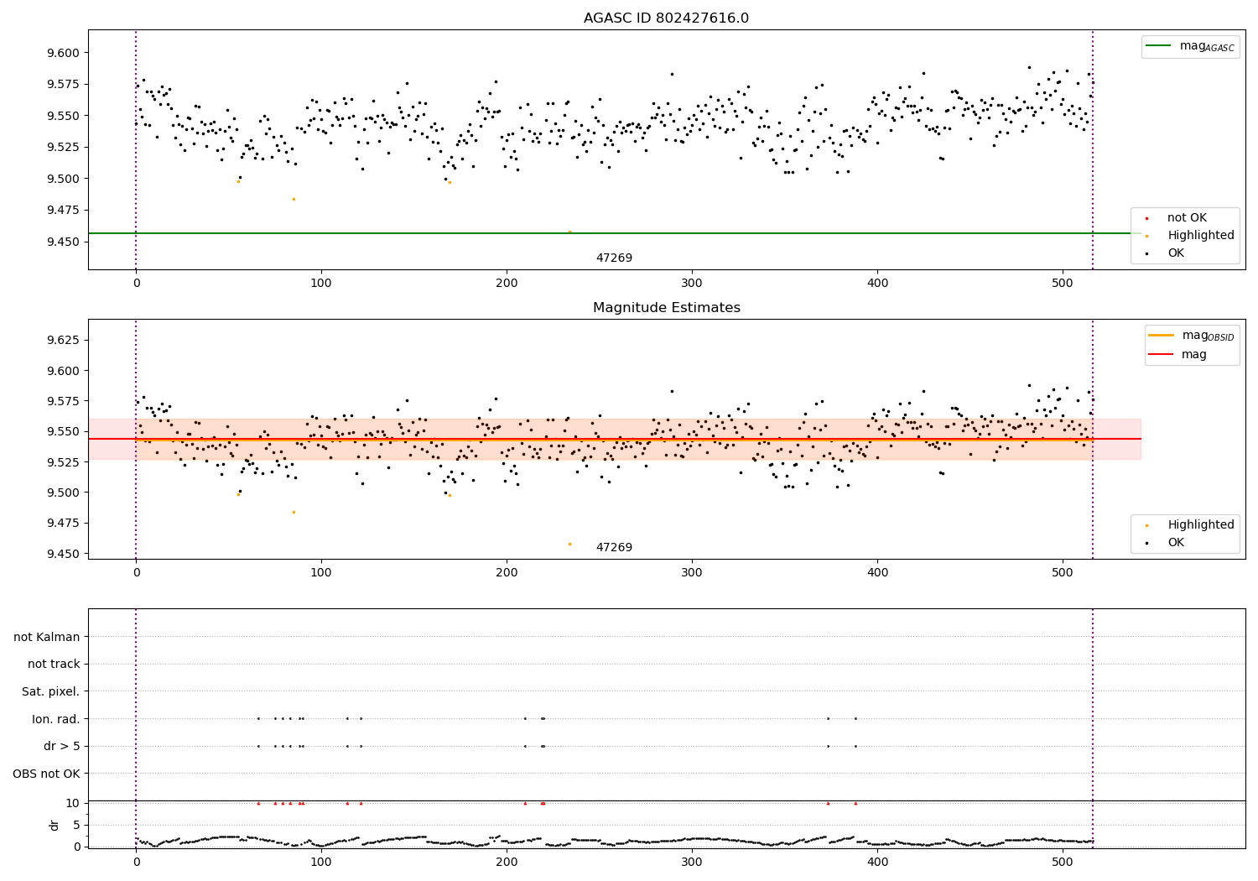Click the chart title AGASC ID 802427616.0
coord(666,18)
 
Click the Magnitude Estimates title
coord(666,308)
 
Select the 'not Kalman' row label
coord(47,637)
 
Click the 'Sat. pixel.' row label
coord(50,691)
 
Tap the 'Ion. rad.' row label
coord(55,719)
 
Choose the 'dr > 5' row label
coord(61,746)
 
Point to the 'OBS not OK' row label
coord(46,774)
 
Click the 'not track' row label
coord(54,665)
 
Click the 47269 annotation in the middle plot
coord(614,548)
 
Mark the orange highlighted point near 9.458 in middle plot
coord(569,544)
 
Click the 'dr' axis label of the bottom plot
coord(55,825)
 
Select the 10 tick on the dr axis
coord(72,803)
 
